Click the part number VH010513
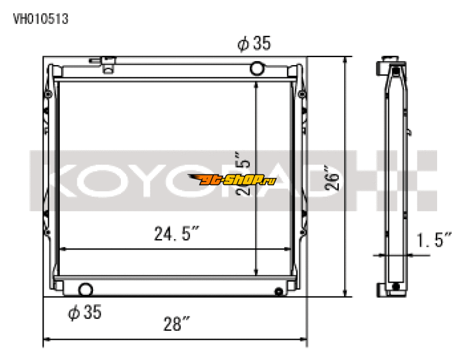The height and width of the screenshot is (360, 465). tap(41, 19)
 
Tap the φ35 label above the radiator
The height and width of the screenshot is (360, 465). tap(254, 44)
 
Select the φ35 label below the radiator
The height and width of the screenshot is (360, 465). tap(85, 312)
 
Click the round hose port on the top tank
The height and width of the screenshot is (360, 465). tap(257, 69)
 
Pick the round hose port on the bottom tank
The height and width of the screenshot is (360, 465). tap(86, 289)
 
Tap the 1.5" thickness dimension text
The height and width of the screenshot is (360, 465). tap(434, 239)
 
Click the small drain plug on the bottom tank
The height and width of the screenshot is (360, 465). tap(278, 291)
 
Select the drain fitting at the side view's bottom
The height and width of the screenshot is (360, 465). tap(395, 287)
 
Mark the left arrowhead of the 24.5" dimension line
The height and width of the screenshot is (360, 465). tap(63, 249)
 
